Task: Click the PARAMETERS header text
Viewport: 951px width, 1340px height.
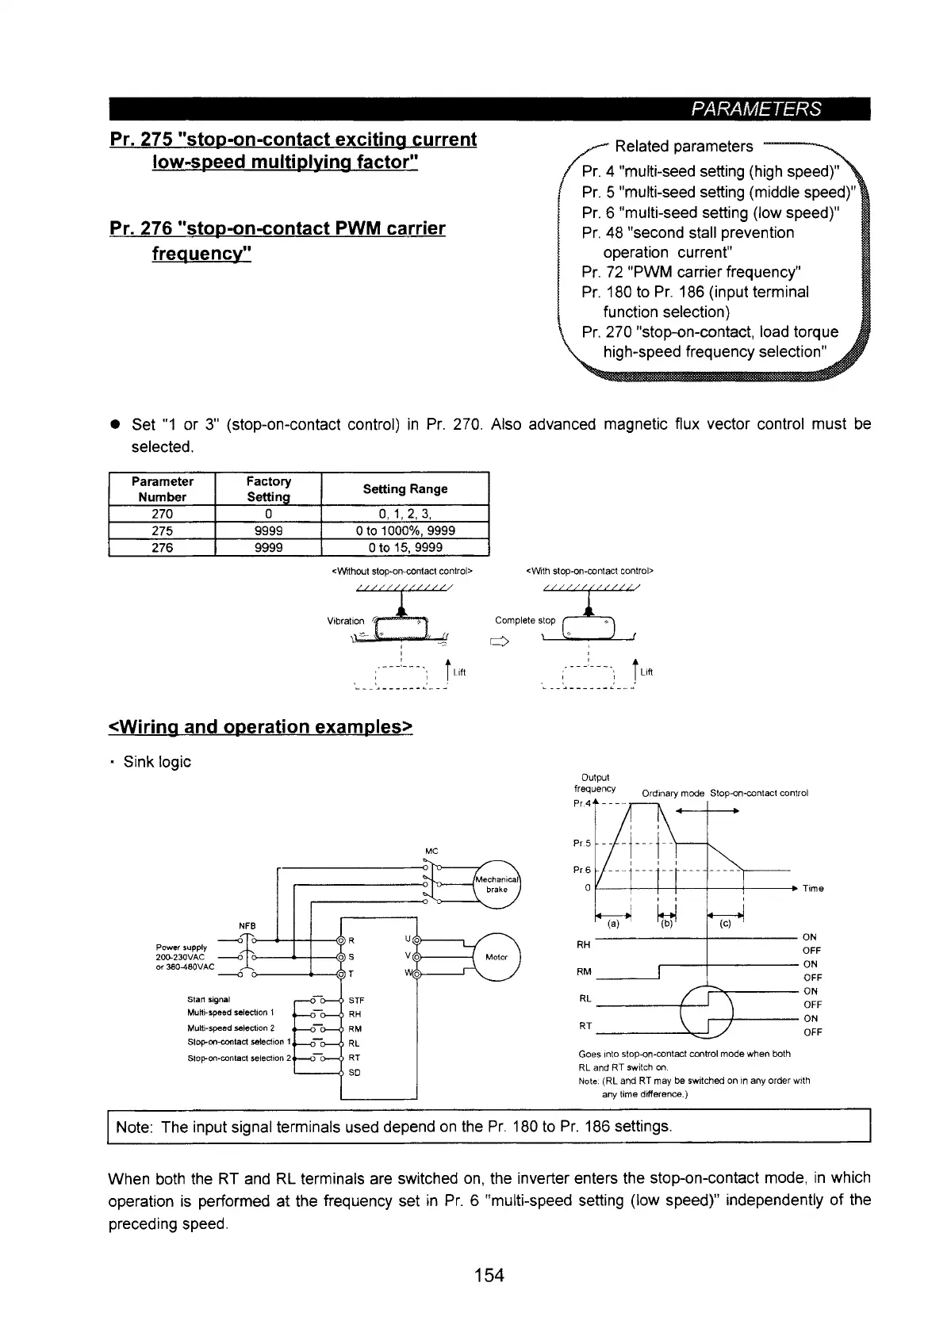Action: coord(757,109)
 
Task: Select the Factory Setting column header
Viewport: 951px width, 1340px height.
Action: coord(268,488)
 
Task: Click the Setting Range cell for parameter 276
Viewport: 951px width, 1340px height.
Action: coord(405,548)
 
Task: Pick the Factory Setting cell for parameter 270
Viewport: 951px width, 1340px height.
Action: coord(268,514)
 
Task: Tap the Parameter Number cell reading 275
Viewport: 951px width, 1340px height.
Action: coord(162,531)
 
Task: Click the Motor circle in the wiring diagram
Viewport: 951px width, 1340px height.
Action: coord(497,957)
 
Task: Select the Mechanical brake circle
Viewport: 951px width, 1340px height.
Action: coord(497,884)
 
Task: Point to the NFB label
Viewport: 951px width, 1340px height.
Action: coord(247,925)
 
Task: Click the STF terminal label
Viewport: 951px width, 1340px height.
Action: coord(356,1000)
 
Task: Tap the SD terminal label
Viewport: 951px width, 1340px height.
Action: coord(355,1073)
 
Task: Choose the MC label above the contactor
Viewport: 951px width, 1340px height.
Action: coord(432,851)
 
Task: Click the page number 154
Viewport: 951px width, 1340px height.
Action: coord(489,1275)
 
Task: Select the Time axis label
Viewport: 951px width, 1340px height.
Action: coord(813,889)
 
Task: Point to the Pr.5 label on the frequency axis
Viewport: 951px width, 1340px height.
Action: coord(581,843)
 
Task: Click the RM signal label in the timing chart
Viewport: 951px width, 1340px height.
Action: coord(584,972)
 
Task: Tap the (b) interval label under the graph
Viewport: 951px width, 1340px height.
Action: coord(667,923)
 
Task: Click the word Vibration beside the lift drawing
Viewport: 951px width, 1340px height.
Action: coord(346,621)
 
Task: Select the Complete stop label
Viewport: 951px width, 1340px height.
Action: coord(525,620)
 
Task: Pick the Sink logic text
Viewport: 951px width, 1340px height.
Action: coord(157,762)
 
